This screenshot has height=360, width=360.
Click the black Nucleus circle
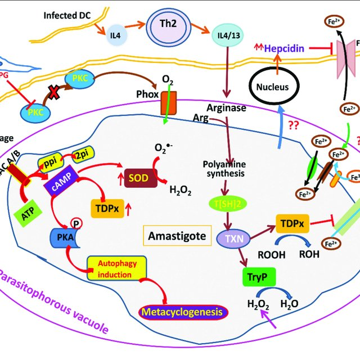point(273,87)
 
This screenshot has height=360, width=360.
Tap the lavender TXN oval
point(231,238)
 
